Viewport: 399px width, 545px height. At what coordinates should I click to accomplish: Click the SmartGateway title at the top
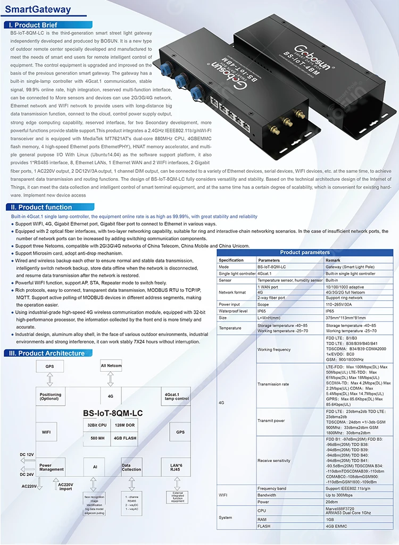[x=37, y=10]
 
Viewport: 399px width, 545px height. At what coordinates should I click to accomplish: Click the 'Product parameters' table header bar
[x=305, y=253]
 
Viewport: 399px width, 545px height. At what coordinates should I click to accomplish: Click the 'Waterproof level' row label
[x=232, y=311]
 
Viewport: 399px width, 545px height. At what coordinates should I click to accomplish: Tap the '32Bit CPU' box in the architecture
[x=96, y=425]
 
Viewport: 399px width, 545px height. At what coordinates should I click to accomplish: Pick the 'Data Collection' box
[x=131, y=467]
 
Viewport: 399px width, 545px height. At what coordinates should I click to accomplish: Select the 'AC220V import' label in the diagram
[x=65, y=487]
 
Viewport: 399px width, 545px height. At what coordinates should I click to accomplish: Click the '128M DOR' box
[x=126, y=425]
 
